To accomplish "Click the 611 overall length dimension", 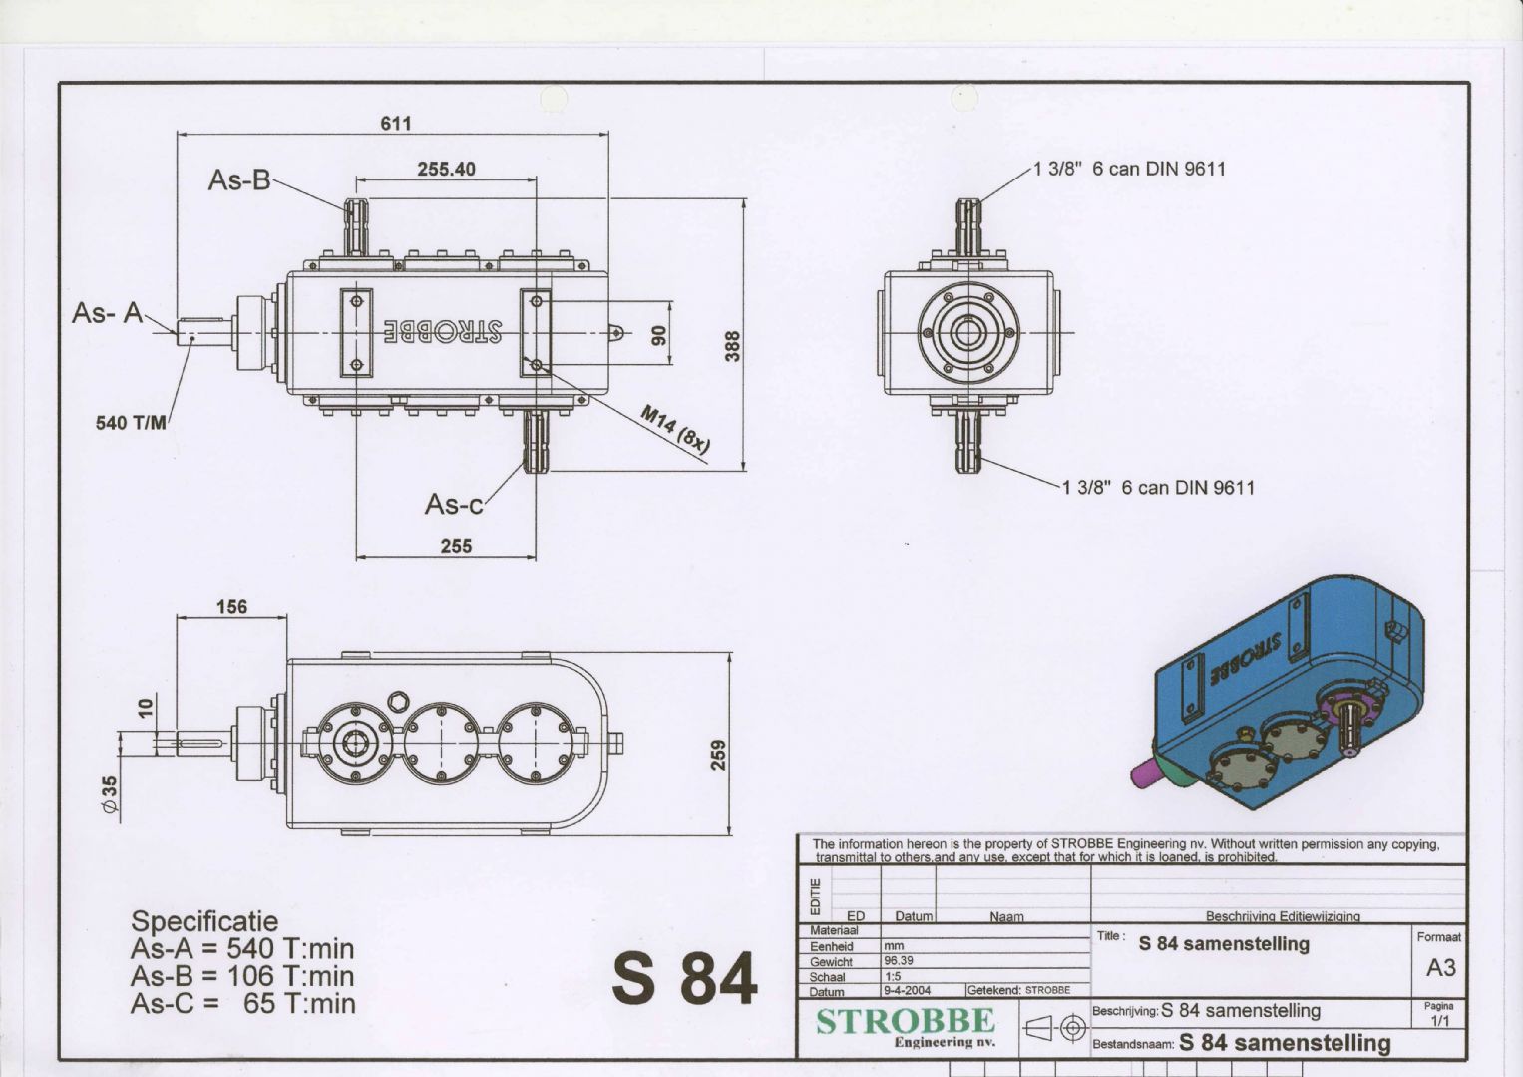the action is click(396, 123).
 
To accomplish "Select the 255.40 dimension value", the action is click(446, 169).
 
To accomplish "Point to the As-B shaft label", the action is click(239, 180).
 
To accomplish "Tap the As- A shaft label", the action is click(108, 313).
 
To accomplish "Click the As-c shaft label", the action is click(454, 505).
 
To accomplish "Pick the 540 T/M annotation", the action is click(131, 423).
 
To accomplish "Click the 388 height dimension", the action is click(732, 346).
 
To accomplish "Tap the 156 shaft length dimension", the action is click(231, 606).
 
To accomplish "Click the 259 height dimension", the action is click(718, 756).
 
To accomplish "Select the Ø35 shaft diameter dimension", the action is click(110, 794).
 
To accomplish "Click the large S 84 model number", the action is click(684, 978).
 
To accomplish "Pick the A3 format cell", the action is click(1441, 968).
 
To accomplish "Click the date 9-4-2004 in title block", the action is click(907, 990).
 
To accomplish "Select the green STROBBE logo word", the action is click(905, 1021).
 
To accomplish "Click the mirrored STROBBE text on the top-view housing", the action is click(443, 331).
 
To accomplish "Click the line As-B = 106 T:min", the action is click(242, 976).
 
